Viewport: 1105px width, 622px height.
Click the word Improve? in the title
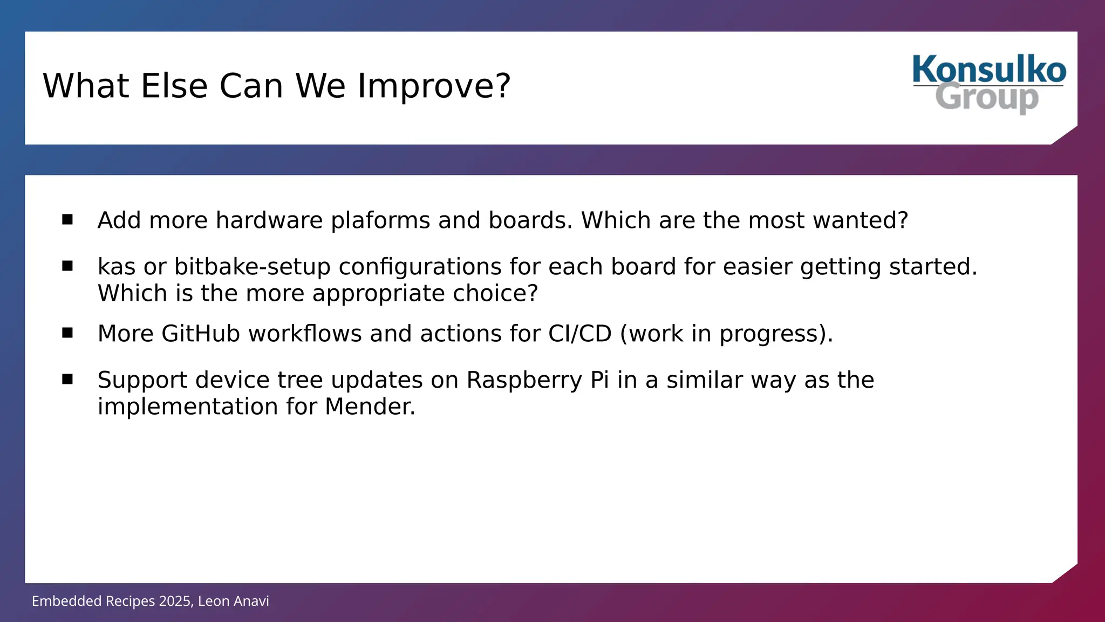pos(434,86)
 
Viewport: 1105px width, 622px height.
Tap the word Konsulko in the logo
pos(989,70)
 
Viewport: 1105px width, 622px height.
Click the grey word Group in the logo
pos(986,98)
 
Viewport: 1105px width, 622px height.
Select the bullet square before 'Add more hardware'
pos(67,219)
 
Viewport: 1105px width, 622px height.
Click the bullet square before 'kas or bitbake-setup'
pos(67,266)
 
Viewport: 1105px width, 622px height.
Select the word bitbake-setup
pos(252,267)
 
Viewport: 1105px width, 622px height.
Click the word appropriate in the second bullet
pos(378,294)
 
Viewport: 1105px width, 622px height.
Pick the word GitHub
pos(200,334)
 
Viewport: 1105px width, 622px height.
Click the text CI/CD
pos(579,334)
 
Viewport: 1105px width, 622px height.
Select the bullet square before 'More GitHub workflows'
pos(67,333)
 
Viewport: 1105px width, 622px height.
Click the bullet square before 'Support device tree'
pos(67,379)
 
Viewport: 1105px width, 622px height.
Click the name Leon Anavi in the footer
pos(233,601)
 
